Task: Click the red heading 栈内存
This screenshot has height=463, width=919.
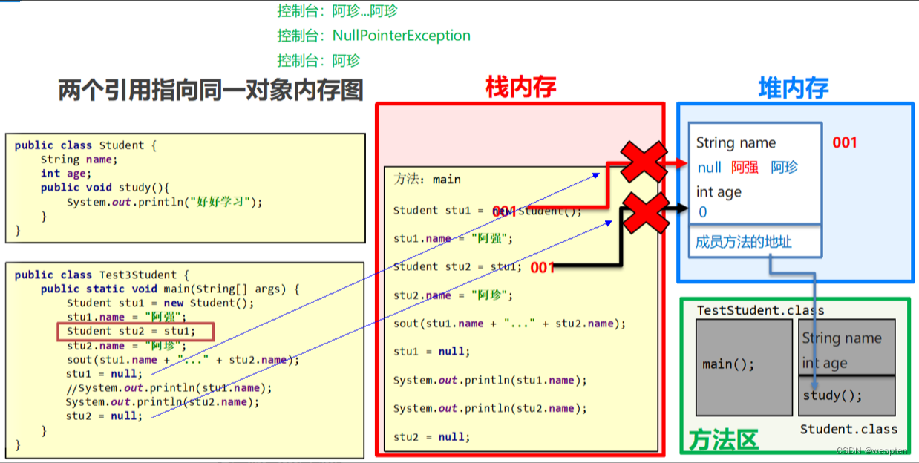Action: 520,88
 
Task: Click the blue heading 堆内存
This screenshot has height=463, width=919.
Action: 793,88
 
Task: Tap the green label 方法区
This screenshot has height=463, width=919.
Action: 723,440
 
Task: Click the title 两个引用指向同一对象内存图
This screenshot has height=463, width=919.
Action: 211,90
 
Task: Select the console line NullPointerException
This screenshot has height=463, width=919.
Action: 373,36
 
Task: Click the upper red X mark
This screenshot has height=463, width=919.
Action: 644,162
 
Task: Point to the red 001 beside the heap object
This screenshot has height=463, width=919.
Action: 844,142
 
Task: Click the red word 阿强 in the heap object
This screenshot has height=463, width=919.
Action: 745,168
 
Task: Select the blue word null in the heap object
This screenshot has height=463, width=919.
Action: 709,168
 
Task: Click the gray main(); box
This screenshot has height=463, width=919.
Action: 728,365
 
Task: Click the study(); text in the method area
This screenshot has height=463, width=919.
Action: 832,395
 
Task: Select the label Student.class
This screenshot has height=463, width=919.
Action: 848,429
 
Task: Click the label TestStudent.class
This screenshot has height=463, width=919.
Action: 760,310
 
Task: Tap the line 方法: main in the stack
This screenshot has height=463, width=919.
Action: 427,180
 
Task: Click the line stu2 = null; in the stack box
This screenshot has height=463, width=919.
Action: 431,437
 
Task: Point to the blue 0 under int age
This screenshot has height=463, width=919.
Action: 702,212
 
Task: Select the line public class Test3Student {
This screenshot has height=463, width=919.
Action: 102,275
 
